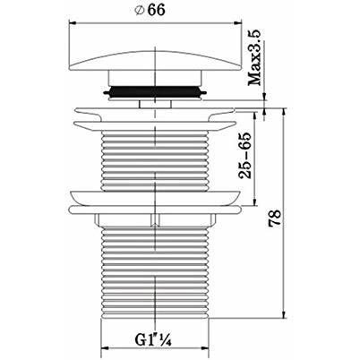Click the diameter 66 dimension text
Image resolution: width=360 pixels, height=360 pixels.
150,10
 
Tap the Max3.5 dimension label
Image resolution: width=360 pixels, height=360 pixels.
255,57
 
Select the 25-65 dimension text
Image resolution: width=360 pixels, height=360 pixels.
245,155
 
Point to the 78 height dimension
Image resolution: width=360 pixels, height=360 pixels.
275,218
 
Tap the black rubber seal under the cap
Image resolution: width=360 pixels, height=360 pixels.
155,91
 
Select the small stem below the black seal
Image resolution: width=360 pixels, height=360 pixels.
155,104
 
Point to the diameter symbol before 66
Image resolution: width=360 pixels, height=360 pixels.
139,11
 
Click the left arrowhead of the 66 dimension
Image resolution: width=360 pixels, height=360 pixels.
73,22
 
